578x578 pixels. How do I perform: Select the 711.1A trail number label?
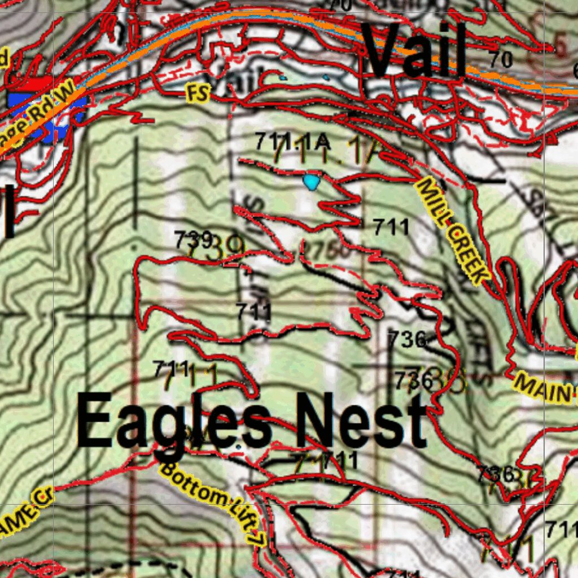[x=292, y=141]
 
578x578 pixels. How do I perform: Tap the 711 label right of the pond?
[x=391, y=227]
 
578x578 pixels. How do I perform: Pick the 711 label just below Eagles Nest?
[x=339, y=460]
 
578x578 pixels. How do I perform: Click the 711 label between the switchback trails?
[x=253, y=311]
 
